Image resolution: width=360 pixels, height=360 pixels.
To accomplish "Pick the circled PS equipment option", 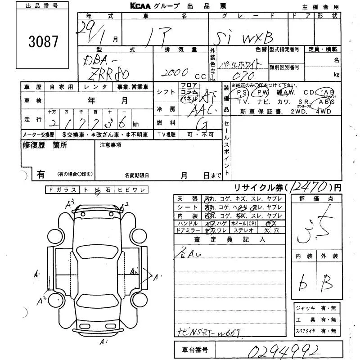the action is [243, 93].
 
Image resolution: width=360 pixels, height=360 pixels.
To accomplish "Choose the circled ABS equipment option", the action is [327, 102].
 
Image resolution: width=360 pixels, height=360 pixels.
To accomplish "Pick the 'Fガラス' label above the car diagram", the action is [62, 190].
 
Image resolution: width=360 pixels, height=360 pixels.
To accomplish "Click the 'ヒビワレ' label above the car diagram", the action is [130, 190].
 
